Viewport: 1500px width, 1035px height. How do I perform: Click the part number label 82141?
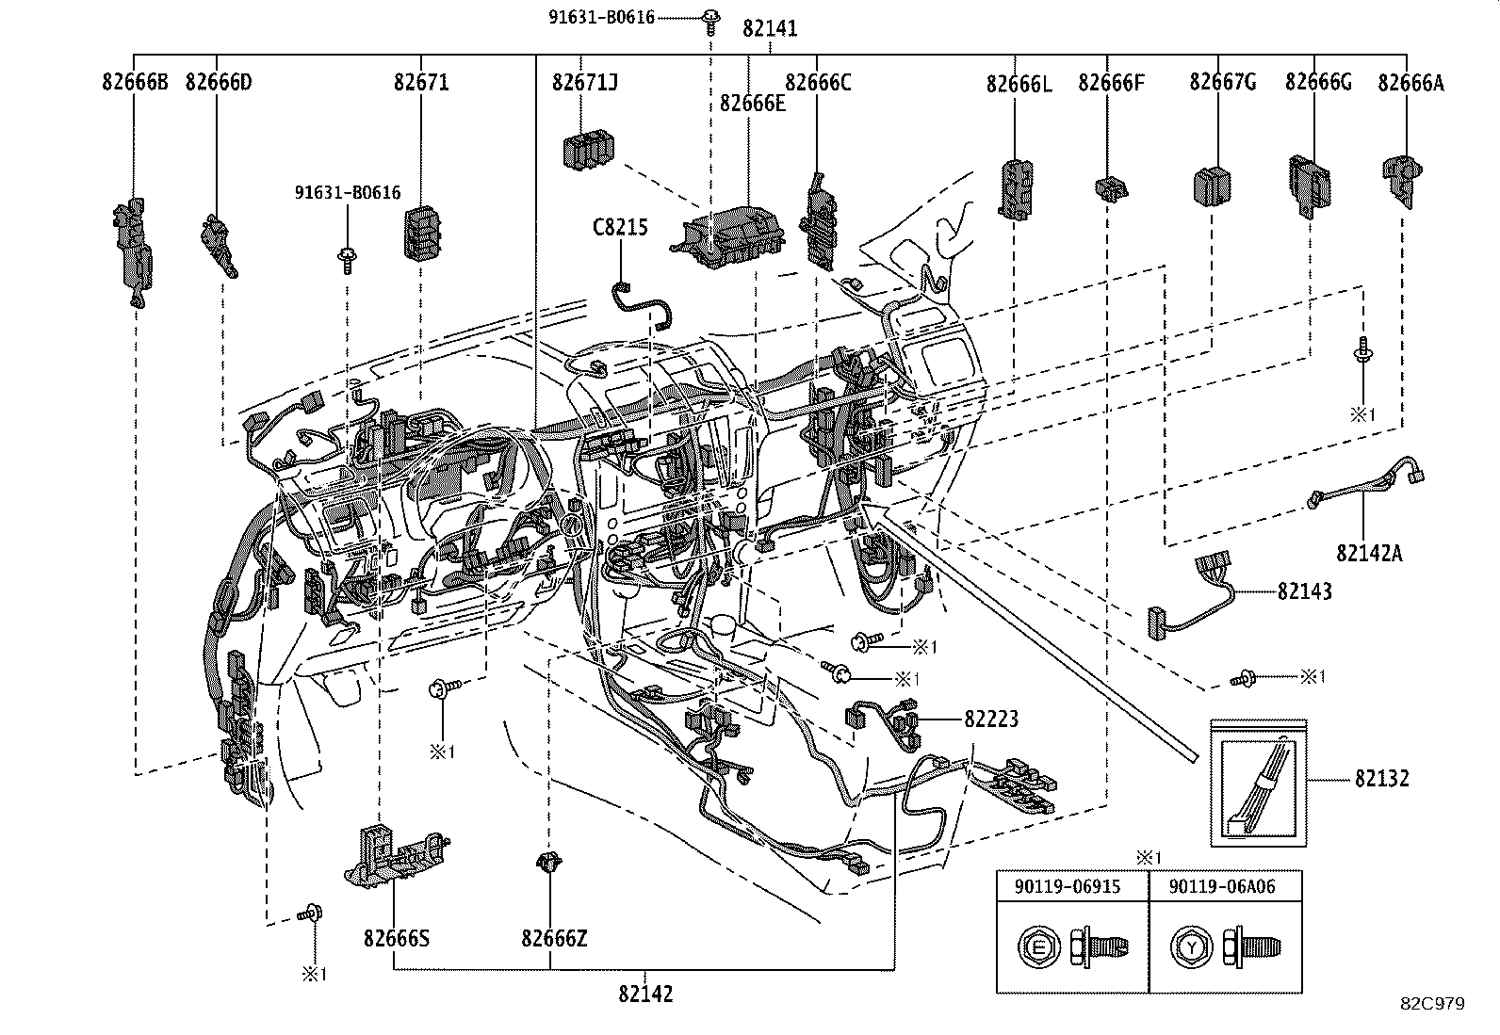[x=769, y=28]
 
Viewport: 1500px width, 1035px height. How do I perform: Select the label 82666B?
[x=135, y=82]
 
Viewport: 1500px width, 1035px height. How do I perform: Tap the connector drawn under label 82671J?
[x=588, y=152]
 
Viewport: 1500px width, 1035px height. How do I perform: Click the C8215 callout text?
[x=619, y=227]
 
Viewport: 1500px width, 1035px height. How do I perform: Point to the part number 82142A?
[x=1368, y=553]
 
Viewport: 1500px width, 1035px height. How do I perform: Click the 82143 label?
[x=1304, y=591]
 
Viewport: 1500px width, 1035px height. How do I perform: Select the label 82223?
[x=990, y=719]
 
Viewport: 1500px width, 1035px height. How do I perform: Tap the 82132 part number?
[x=1382, y=778]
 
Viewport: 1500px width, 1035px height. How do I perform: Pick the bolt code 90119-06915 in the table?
[x=1072, y=887]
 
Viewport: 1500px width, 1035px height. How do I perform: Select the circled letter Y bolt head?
[x=1191, y=947]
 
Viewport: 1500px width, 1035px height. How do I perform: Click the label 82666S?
[x=396, y=939]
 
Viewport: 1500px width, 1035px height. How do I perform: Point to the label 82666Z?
[x=554, y=939]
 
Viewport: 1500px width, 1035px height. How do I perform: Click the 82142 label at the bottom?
[x=645, y=994]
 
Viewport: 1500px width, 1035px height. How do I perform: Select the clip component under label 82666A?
[x=1402, y=179]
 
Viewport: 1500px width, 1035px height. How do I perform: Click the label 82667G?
[x=1222, y=82]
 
